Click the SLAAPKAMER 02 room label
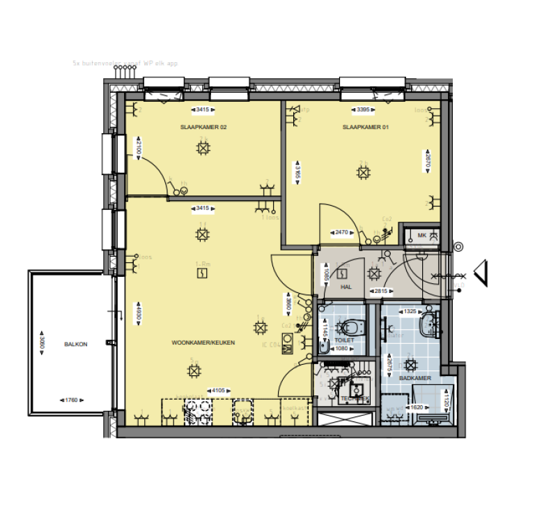click(203, 128)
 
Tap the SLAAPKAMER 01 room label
click(364, 128)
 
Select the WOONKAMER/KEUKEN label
click(203, 343)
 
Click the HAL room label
click(346, 287)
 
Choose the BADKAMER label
click(415, 377)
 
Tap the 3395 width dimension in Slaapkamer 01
click(364, 110)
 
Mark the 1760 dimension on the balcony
click(70, 400)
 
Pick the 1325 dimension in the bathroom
click(409, 311)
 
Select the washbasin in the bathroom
click(430, 322)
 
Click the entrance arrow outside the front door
click(480, 273)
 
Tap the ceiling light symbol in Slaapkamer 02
click(203, 148)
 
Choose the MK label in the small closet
click(422, 236)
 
